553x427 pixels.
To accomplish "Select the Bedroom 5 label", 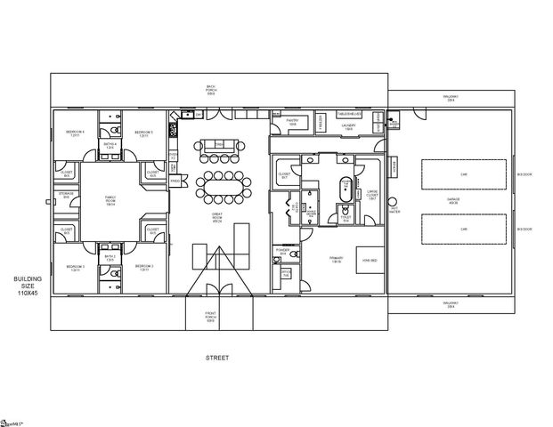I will (x=143, y=133).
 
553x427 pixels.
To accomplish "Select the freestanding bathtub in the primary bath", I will (x=345, y=189).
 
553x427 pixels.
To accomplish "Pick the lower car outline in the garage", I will (x=463, y=230).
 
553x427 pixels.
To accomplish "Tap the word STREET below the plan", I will (x=217, y=358).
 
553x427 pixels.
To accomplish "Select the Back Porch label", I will (x=211, y=89).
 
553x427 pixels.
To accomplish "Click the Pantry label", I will (x=293, y=124).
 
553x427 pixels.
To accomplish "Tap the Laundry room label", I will (x=349, y=126).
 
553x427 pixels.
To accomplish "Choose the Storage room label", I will (x=66, y=194).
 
